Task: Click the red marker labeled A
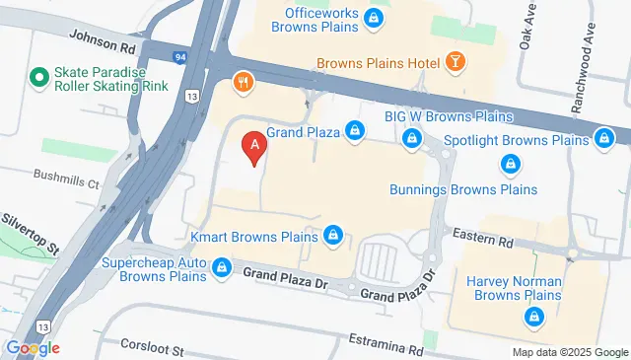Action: (255, 148)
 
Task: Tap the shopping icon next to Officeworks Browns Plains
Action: (373, 17)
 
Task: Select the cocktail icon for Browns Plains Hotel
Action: (456, 62)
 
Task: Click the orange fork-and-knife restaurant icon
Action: (241, 81)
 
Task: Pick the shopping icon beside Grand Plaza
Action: (355, 129)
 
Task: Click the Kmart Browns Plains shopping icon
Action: (334, 235)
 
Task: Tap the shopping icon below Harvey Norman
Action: (533, 317)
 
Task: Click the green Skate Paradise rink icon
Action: (39, 76)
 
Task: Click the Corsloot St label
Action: (152, 348)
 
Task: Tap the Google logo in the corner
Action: (33, 347)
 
